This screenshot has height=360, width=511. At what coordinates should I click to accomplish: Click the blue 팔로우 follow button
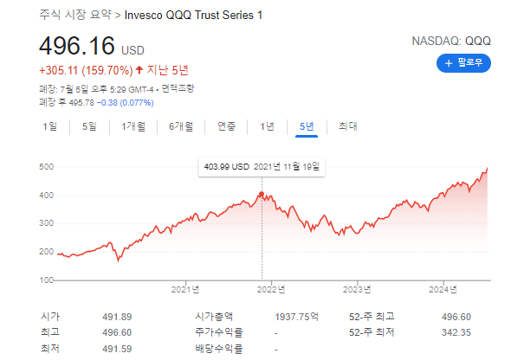point(464,62)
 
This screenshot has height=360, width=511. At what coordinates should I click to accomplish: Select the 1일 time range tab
point(49,126)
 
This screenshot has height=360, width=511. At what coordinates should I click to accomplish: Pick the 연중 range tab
point(226,126)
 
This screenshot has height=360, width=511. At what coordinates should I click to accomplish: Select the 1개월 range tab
point(134,126)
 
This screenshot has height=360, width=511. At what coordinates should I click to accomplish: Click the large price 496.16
point(77,45)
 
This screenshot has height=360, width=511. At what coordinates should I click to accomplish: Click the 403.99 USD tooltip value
point(226,166)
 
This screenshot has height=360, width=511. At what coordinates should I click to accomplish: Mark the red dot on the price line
point(262,193)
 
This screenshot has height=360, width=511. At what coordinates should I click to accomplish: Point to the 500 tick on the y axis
point(48,166)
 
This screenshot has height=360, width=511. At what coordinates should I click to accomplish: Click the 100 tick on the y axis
point(48,280)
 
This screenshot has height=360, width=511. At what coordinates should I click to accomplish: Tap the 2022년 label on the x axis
point(273,290)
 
